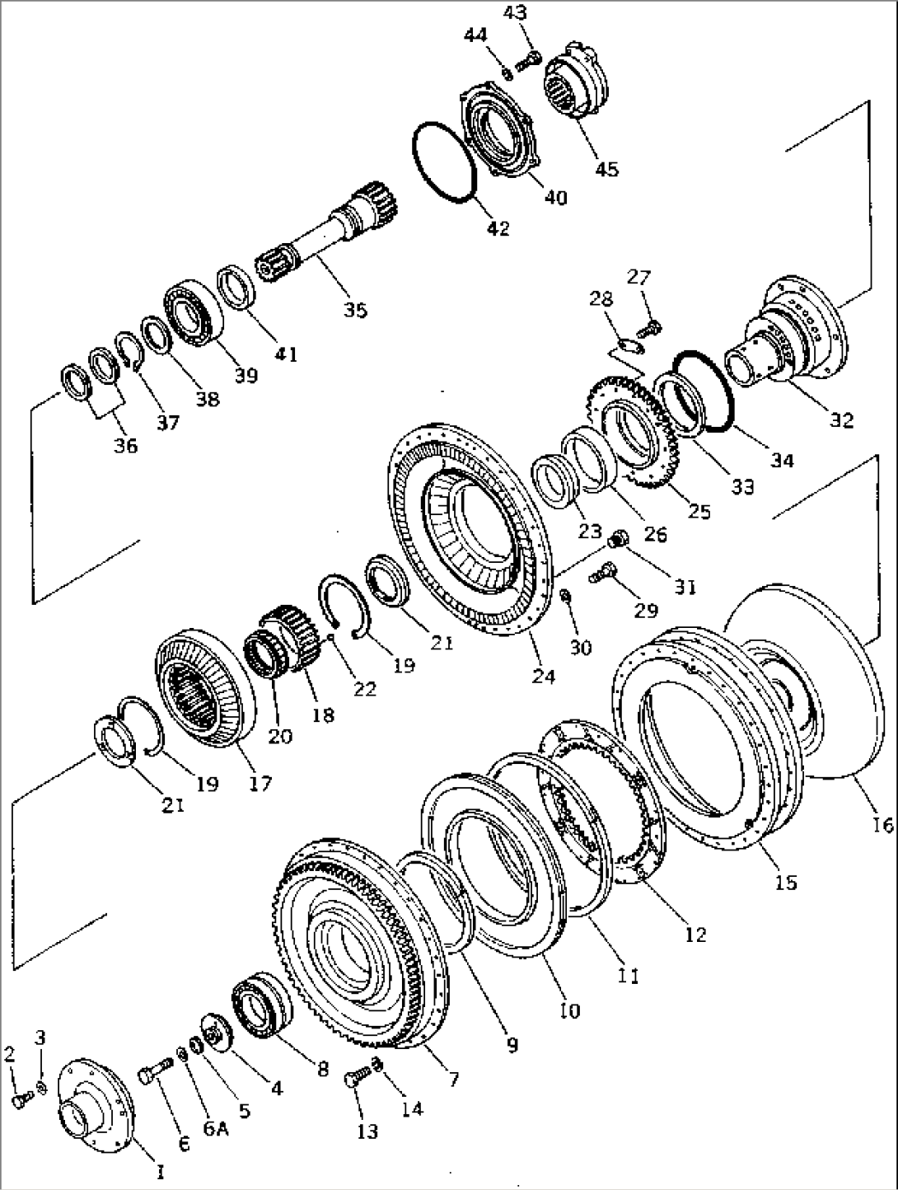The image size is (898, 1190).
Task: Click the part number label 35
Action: pos(356,310)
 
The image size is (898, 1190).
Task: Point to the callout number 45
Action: pos(606,169)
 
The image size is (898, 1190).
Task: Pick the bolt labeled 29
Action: pos(604,570)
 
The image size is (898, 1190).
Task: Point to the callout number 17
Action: pos(262,783)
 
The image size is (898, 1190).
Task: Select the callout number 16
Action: pos(881,824)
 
